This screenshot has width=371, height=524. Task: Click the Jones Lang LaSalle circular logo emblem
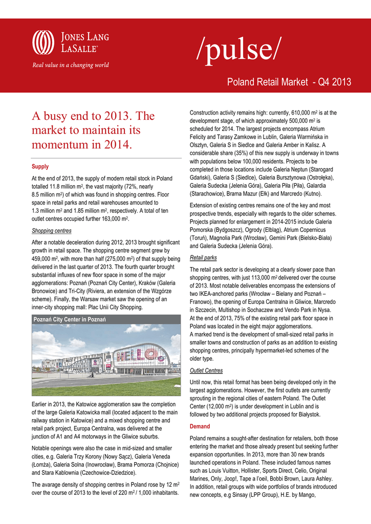click(x=43, y=42)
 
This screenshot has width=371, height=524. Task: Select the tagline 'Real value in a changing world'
click(x=71, y=65)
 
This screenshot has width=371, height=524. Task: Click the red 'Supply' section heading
click(x=40, y=167)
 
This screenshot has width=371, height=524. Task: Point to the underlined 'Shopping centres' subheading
click(x=52, y=230)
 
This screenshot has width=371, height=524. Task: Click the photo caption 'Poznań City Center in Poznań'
click(x=70, y=319)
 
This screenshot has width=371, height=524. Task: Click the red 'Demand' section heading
click(x=200, y=426)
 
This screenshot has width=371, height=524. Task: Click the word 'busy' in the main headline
click(x=59, y=116)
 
